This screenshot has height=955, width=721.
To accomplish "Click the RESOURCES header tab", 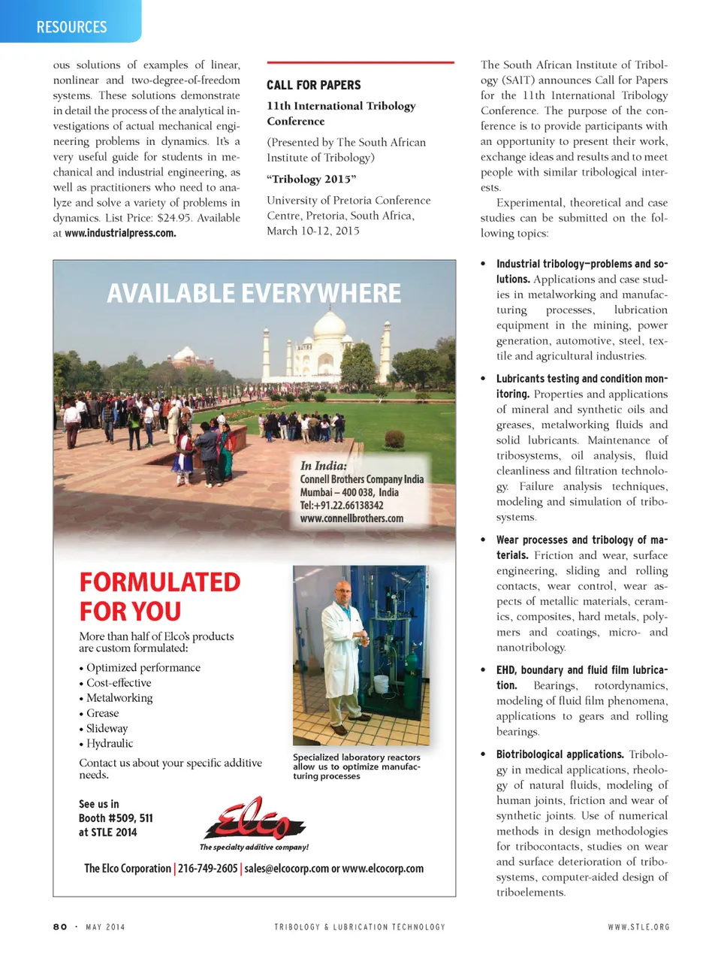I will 71,27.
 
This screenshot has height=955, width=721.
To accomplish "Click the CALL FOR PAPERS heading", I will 313,85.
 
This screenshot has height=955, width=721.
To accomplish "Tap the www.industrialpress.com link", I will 120,233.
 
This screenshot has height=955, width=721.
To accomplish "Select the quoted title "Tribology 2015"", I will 311,179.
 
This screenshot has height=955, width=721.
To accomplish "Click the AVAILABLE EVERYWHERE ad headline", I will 254,293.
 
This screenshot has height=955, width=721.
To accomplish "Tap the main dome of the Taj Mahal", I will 330,325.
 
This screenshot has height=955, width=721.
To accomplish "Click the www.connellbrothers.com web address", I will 351,518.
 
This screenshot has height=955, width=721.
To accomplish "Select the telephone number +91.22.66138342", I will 342,506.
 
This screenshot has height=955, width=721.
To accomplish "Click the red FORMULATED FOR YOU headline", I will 160,597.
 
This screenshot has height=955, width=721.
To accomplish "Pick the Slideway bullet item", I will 107,728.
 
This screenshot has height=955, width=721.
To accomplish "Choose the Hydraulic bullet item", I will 110,743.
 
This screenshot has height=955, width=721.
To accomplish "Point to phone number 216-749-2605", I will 207,869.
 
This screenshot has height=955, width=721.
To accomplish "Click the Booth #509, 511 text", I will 116,818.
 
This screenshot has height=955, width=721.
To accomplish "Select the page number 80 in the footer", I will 60,926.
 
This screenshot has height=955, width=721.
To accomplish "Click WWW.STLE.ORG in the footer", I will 638,926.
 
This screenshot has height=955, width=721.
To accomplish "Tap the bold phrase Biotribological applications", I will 560,754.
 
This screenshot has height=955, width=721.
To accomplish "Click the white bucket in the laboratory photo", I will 382,686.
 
